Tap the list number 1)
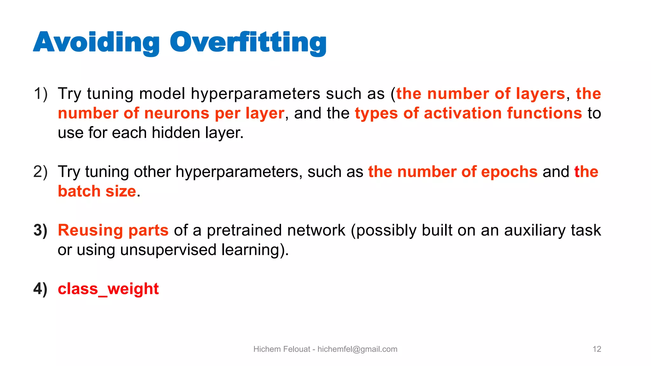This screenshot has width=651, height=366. click(x=41, y=94)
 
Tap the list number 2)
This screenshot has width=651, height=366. click(x=41, y=172)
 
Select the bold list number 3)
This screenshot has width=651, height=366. click(x=41, y=230)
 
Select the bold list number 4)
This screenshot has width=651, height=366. click(x=41, y=289)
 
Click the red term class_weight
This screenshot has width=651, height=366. click(x=108, y=289)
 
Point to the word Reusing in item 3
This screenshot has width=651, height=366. click(x=90, y=230)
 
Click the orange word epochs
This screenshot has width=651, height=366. click(x=509, y=172)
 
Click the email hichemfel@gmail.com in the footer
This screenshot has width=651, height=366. click(x=357, y=349)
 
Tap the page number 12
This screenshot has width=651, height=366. click(x=597, y=349)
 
